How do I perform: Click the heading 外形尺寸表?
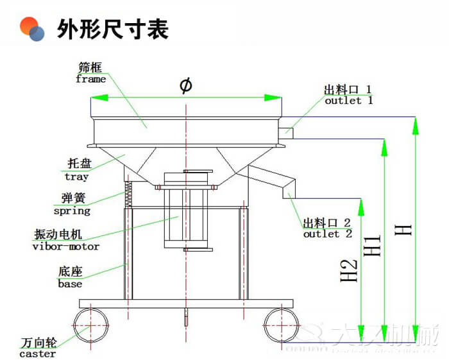pyautogui.click(x=113, y=29)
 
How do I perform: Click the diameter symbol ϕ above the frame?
pyautogui.click(x=186, y=85)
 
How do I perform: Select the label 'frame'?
pyautogui.click(x=90, y=79)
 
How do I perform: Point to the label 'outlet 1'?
pyautogui.click(x=348, y=101)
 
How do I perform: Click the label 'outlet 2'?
pyautogui.click(x=327, y=234)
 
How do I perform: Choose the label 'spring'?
pyautogui.click(x=71, y=210)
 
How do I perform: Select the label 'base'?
pyautogui.click(x=70, y=283)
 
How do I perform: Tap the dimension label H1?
pyautogui.click(x=373, y=244)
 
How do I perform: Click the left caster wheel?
pyautogui.click(x=90, y=325)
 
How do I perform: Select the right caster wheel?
pyautogui.click(x=282, y=325)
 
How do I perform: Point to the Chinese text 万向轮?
pyautogui.click(x=37, y=343)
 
